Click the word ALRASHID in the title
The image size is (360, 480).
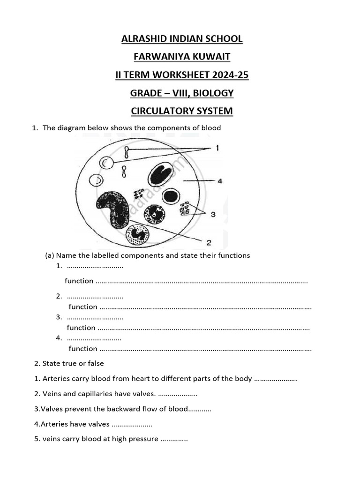[x=142, y=39]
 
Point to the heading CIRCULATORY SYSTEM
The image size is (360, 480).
[x=181, y=111]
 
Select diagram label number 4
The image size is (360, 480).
[x=219, y=181]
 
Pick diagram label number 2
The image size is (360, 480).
[x=209, y=242]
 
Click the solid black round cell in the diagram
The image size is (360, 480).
[x=171, y=195]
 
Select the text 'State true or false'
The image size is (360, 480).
[x=73, y=363]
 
